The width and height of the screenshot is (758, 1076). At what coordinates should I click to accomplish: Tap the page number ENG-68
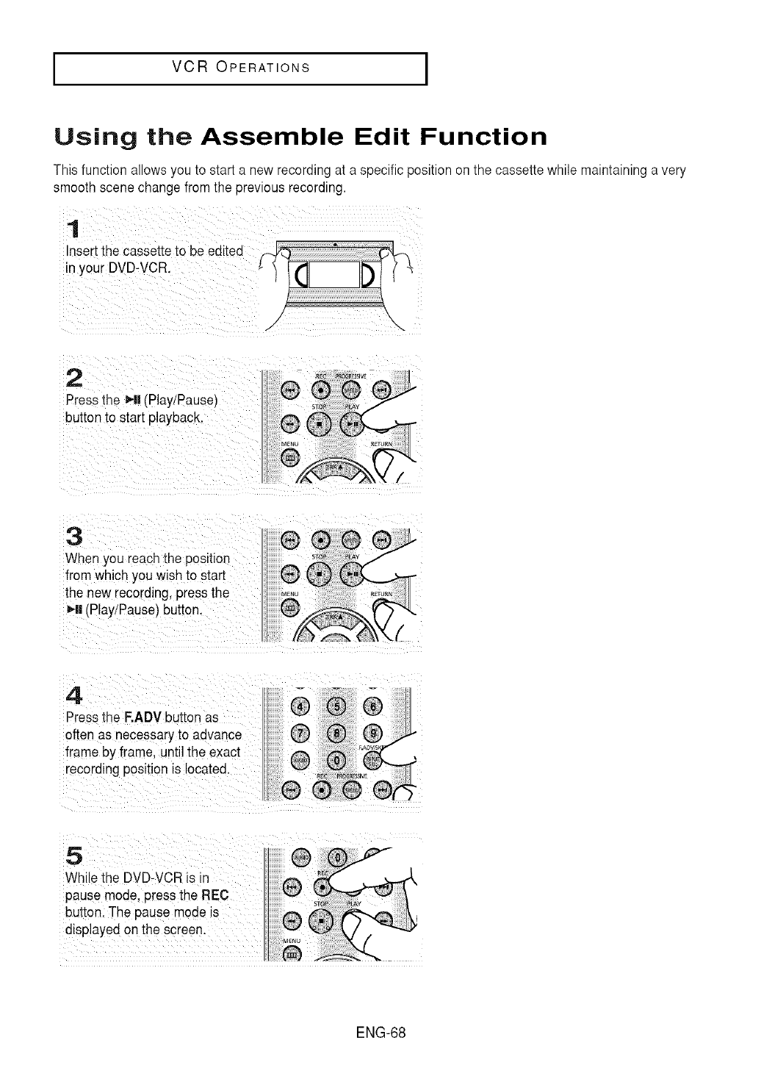point(380,1032)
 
